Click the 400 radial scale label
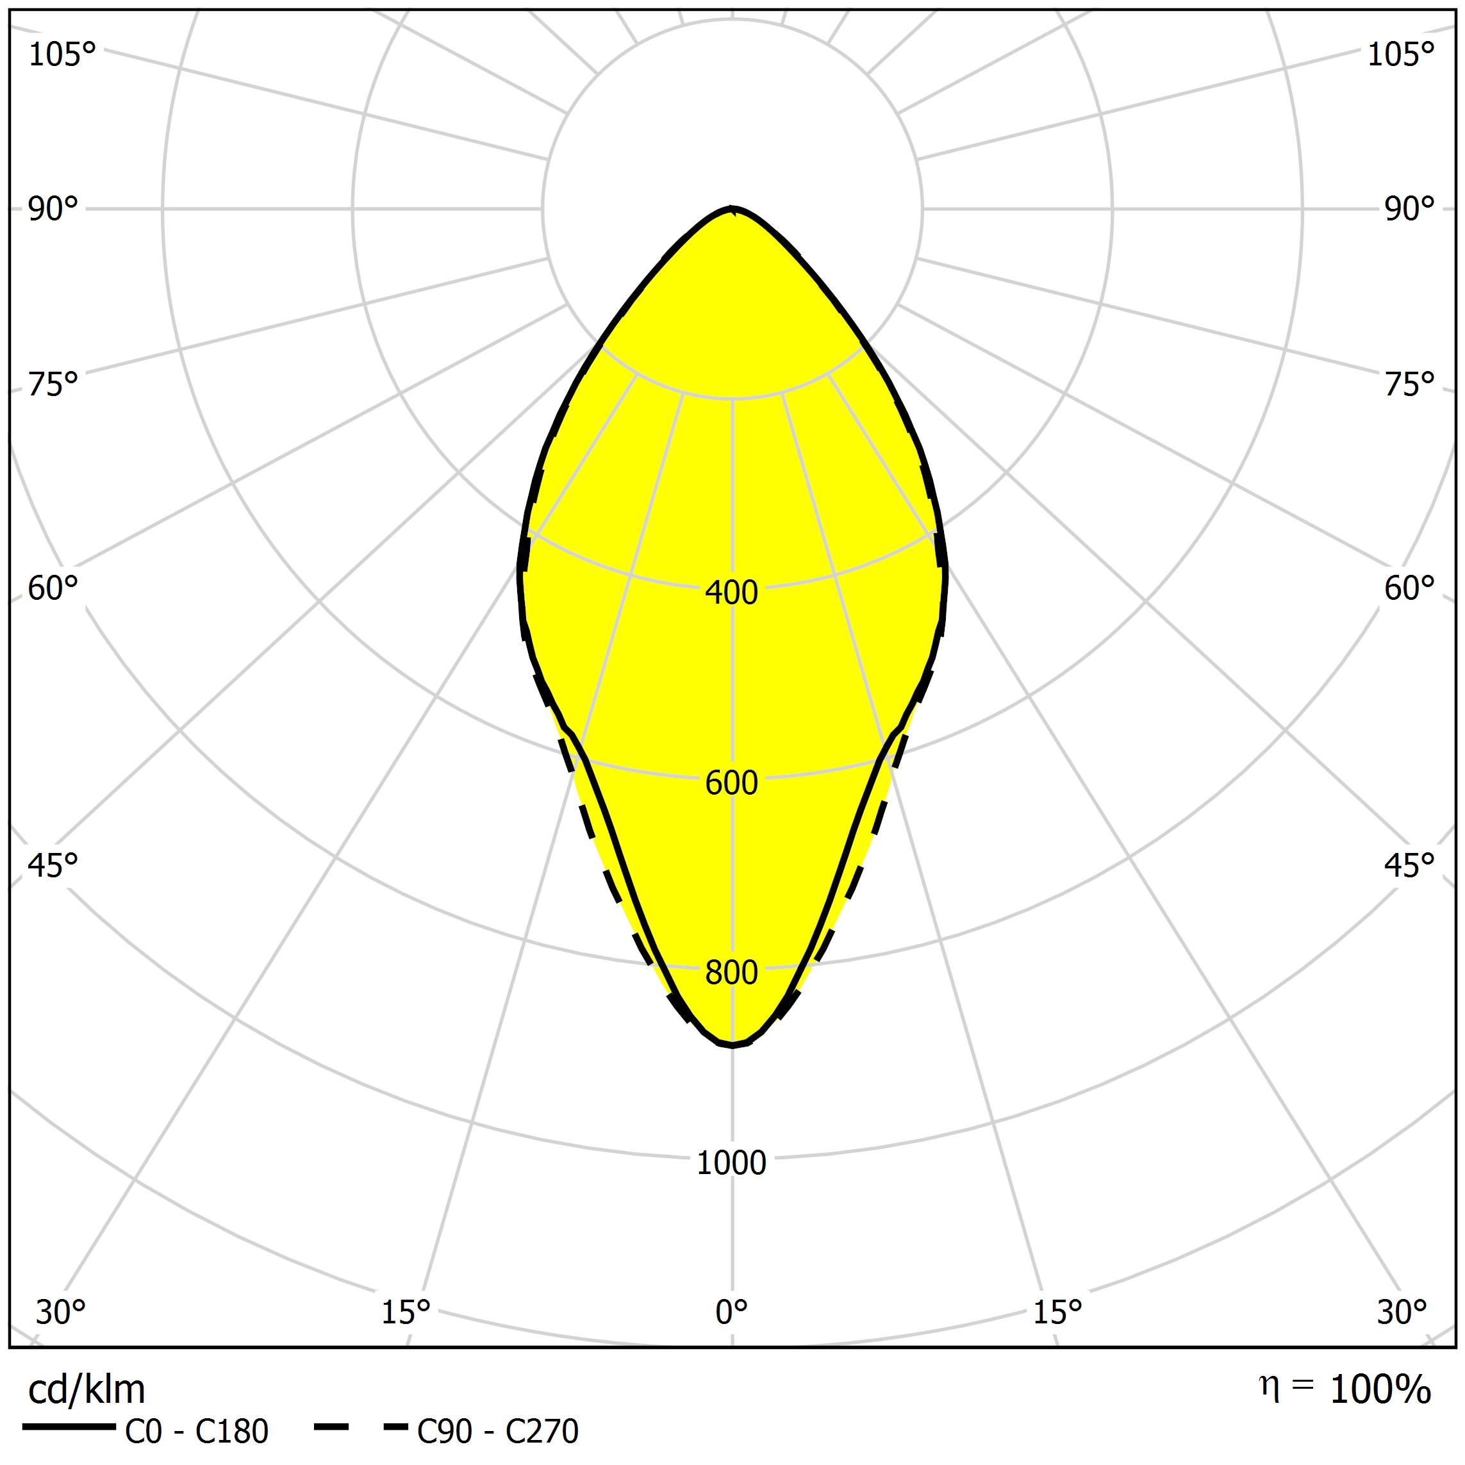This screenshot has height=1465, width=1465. [731, 593]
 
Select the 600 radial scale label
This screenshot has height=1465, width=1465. [731, 782]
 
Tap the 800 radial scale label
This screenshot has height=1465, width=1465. [731, 972]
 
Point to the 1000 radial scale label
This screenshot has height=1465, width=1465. [731, 1163]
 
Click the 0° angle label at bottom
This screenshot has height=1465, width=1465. [731, 1312]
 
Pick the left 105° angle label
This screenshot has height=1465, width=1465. [62, 54]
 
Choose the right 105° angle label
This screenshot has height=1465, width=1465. [1402, 54]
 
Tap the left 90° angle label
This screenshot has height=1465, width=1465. [53, 210]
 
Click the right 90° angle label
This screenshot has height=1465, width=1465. [1410, 210]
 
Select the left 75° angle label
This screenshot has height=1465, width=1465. [53, 385]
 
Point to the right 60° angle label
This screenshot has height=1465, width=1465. [1410, 588]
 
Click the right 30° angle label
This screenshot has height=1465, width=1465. [1402, 1312]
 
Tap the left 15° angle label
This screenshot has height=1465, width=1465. [406, 1312]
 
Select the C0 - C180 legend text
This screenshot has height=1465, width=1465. [196, 1432]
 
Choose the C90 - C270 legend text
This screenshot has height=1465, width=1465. [497, 1432]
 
